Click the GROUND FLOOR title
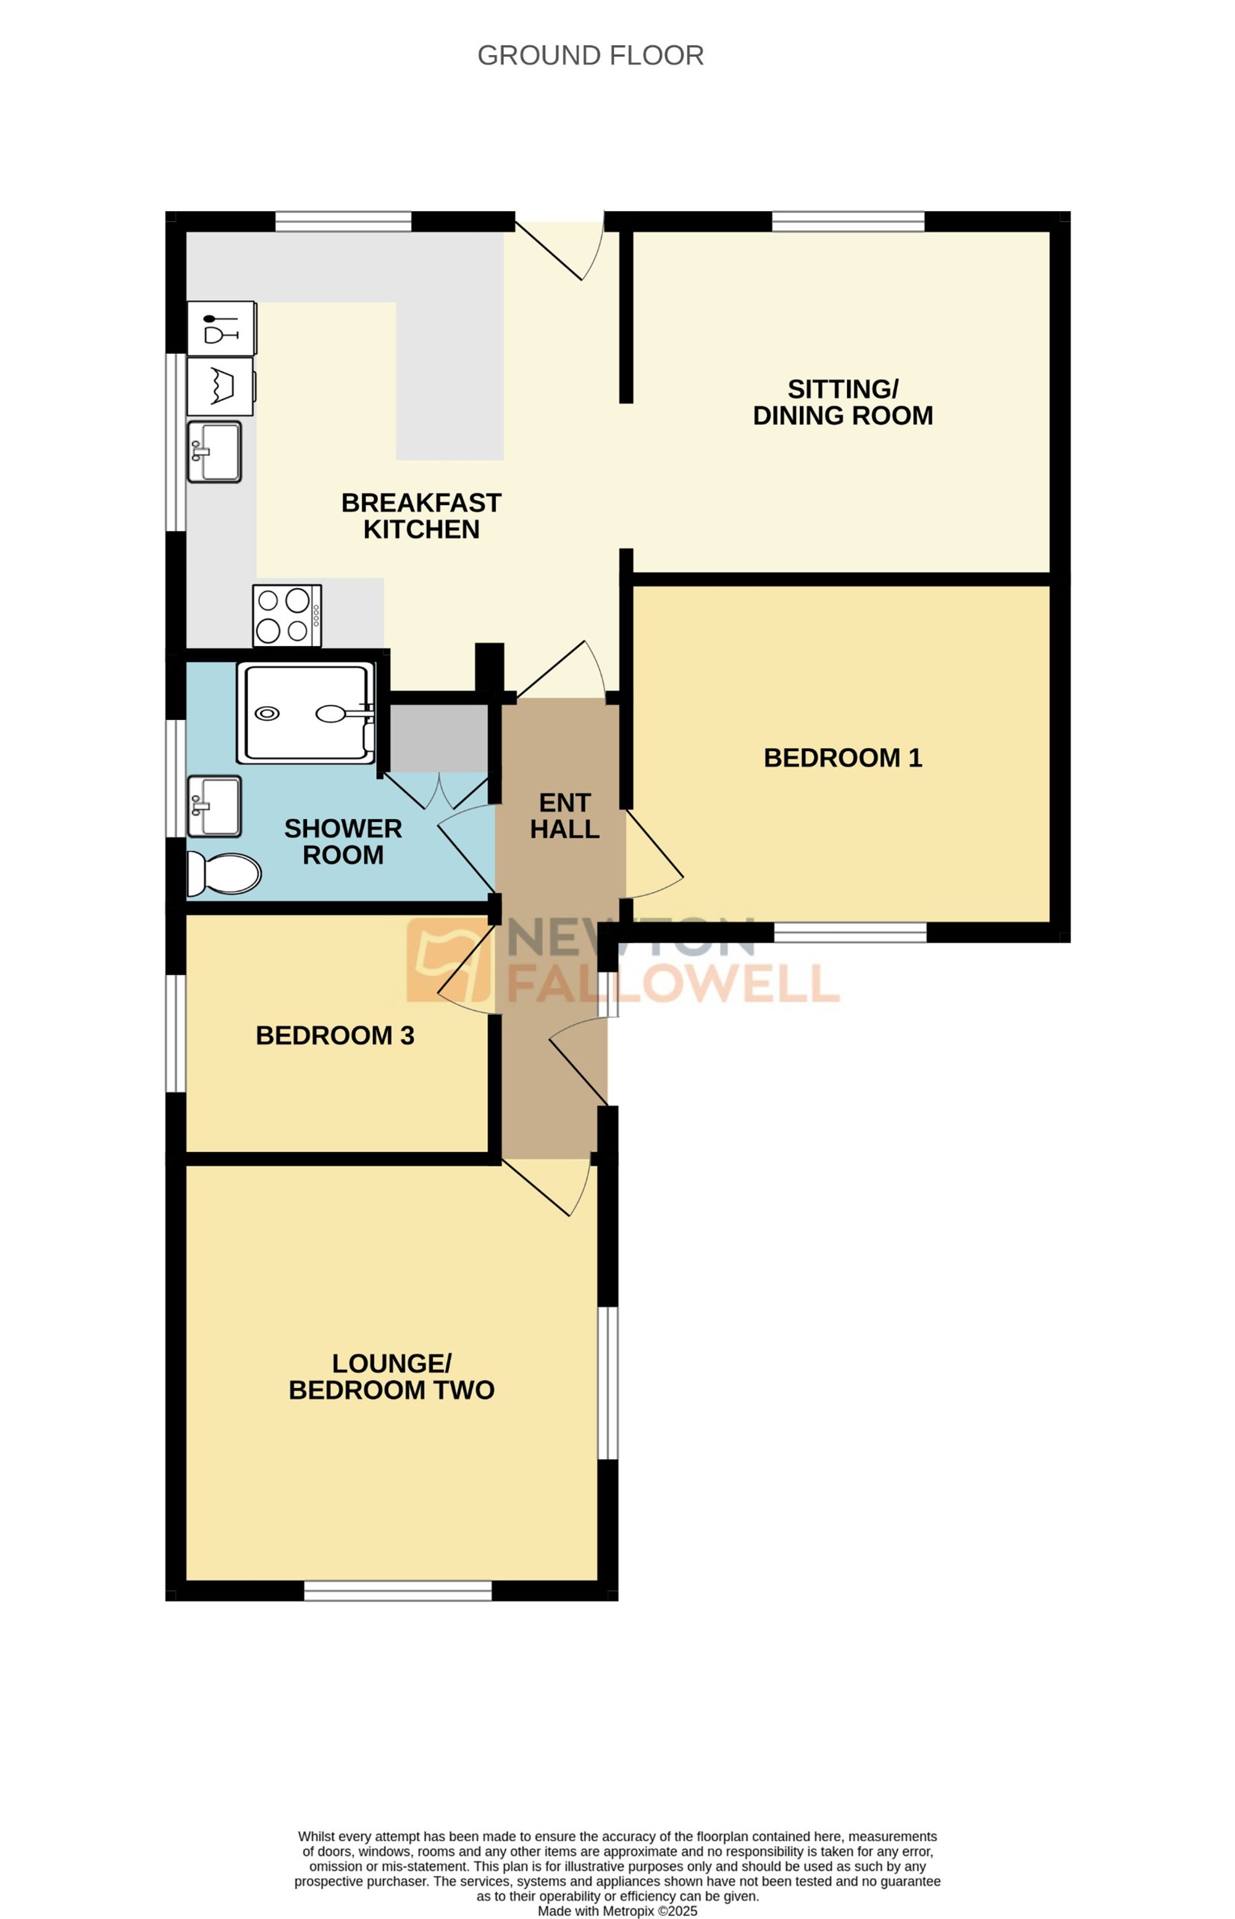click(590, 56)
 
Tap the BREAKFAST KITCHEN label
click(421, 516)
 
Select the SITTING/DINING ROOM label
click(842, 401)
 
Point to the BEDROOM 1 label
click(842, 757)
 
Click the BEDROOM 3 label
click(335, 1035)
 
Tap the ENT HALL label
click(564, 815)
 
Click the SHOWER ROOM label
click(343, 841)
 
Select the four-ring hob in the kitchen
click(287, 616)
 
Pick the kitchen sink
click(214, 452)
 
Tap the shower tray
click(306, 712)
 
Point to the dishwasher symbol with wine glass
click(221, 328)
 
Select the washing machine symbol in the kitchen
click(220, 387)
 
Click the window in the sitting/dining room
click(848, 220)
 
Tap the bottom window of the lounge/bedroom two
click(398, 1590)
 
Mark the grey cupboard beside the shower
click(438, 738)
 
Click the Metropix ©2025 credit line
click(617, 1911)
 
